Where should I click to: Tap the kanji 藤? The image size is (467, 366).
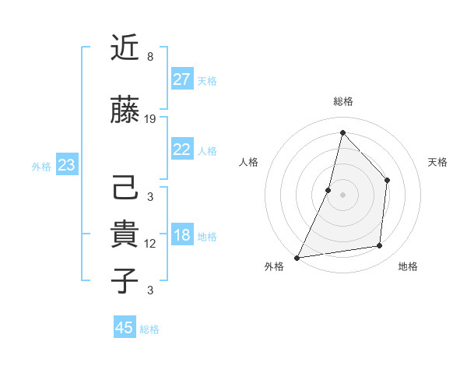coord(125,111)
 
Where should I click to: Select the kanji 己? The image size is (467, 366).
coord(125,188)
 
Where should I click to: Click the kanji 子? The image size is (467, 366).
coord(125,281)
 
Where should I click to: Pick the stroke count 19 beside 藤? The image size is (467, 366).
coord(150,119)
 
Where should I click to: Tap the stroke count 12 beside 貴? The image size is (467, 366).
coord(150,244)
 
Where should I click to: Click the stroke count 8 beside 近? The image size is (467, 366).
coord(150,57)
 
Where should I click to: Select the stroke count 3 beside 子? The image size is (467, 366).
coord(150,290)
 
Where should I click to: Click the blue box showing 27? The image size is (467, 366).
coord(182,79)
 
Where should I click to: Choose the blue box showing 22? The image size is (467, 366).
coord(182,150)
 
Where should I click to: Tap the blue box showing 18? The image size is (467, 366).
coord(182,235)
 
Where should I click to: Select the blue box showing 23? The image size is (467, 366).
coord(67,165)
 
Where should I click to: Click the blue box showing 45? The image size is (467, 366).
coord(125,328)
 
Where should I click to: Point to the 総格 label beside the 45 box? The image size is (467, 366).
coord(149,329)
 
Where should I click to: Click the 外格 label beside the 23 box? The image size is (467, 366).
coord(41,166)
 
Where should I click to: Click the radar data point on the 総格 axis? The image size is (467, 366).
coord(342,132)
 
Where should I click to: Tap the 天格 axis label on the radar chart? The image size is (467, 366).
coord(438,162)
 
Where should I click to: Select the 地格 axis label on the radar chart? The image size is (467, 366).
coord(408,266)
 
